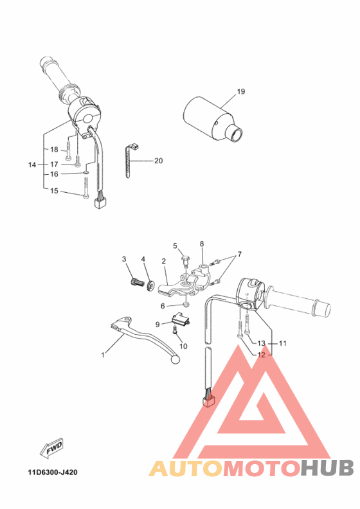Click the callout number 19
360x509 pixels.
[x=240, y=92]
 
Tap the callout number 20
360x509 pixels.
[x=158, y=161]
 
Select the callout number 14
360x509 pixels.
[x=32, y=165]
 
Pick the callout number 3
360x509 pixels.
[x=124, y=259]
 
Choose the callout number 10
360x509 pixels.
[x=184, y=346]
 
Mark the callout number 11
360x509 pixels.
[x=282, y=343]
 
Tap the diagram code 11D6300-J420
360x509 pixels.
[x=53, y=473]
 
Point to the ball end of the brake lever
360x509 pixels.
[x=173, y=362]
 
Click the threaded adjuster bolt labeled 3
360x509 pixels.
[x=136, y=281]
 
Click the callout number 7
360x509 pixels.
[x=240, y=254]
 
